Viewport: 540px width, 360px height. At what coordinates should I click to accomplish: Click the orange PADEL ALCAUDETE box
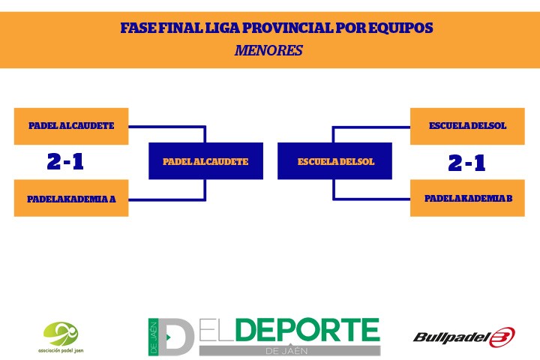(x=71, y=126)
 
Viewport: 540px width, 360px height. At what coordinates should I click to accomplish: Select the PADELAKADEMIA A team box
(x=71, y=198)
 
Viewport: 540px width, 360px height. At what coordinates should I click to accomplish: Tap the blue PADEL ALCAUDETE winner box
(x=206, y=161)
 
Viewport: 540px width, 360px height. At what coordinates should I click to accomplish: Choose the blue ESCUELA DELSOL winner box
(x=334, y=161)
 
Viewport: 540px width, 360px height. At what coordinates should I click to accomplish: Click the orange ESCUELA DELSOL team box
(x=467, y=126)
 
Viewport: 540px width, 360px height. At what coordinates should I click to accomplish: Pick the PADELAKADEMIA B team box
(x=467, y=198)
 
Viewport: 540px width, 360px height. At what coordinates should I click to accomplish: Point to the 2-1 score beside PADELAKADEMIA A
(x=65, y=161)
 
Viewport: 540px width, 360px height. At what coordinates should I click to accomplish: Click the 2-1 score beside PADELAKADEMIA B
(x=466, y=163)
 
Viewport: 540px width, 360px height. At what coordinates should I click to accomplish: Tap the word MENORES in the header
(x=268, y=50)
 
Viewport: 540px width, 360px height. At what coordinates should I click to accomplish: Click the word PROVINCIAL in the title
(x=287, y=28)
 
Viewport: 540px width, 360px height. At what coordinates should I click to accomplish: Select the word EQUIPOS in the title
(x=400, y=28)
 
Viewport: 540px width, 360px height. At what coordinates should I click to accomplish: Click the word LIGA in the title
(x=223, y=28)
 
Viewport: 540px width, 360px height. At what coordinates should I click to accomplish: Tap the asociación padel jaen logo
(x=61, y=337)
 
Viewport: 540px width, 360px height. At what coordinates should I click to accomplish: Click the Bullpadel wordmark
(x=451, y=337)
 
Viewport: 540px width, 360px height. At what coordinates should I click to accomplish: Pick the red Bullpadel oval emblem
(x=502, y=337)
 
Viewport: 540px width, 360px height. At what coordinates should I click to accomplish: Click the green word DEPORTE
(x=308, y=330)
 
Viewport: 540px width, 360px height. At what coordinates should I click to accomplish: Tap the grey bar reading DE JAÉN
(x=290, y=351)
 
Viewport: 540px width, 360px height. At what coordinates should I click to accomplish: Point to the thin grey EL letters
(x=217, y=330)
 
